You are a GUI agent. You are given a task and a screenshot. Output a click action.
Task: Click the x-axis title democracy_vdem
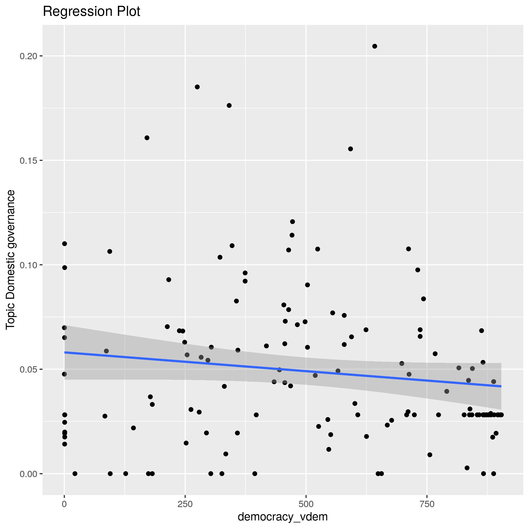coord(283,517)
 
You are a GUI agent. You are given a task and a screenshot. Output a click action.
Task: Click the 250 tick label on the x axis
coord(185,504)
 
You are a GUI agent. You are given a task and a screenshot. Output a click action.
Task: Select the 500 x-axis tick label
coord(306,504)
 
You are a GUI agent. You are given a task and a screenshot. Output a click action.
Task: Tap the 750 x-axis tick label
coord(427,504)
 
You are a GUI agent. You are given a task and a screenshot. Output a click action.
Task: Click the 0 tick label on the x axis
coord(64,504)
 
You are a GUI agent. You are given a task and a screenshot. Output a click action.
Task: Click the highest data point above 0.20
coord(375,46)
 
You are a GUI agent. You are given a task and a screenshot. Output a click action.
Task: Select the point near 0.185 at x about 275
coord(197,87)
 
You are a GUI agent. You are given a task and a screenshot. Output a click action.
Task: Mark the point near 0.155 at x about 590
coord(350,149)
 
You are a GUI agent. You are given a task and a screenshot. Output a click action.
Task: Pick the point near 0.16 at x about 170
coord(147,138)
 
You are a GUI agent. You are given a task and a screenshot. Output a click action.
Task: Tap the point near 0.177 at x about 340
coord(229,105)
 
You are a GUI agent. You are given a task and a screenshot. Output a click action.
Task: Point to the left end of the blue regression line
coord(65,352)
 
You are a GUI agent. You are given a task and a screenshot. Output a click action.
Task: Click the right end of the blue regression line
coord(501,386)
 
